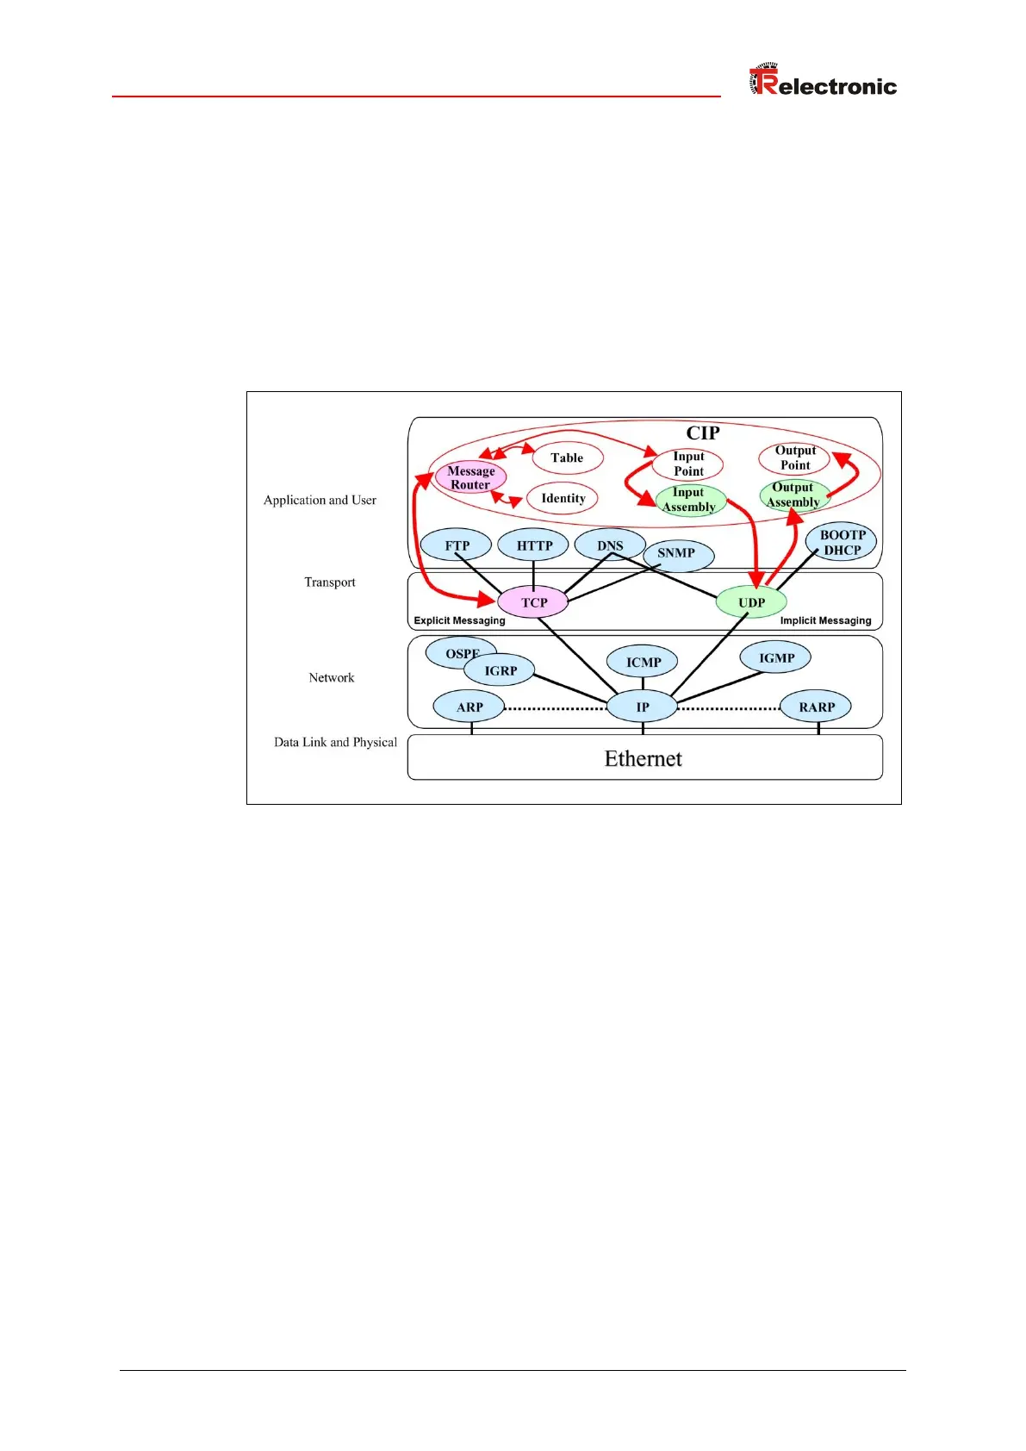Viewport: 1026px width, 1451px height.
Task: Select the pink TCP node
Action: (533, 602)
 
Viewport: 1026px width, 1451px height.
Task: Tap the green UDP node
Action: (751, 602)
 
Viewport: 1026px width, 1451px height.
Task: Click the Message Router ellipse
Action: (470, 477)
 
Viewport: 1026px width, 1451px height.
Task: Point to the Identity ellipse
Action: (563, 498)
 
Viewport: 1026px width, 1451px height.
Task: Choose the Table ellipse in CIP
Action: (567, 458)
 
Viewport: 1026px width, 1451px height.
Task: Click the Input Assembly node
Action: (689, 500)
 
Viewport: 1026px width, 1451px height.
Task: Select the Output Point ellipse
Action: (794, 458)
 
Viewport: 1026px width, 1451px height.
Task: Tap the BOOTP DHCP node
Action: (842, 543)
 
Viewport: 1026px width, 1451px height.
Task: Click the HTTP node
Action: (534, 545)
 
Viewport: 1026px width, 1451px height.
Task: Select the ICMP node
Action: (644, 662)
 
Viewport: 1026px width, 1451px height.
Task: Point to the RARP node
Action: (816, 707)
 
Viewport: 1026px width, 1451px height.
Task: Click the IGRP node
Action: (501, 670)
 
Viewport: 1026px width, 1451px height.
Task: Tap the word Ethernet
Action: (643, 758)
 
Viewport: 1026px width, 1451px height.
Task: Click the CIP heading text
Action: (702, 433)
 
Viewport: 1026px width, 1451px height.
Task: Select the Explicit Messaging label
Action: (459, 620)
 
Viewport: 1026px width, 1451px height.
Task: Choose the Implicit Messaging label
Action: (825, 620)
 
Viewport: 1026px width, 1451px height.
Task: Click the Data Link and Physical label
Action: (335, 742)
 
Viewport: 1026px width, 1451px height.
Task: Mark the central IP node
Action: (643, 707)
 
